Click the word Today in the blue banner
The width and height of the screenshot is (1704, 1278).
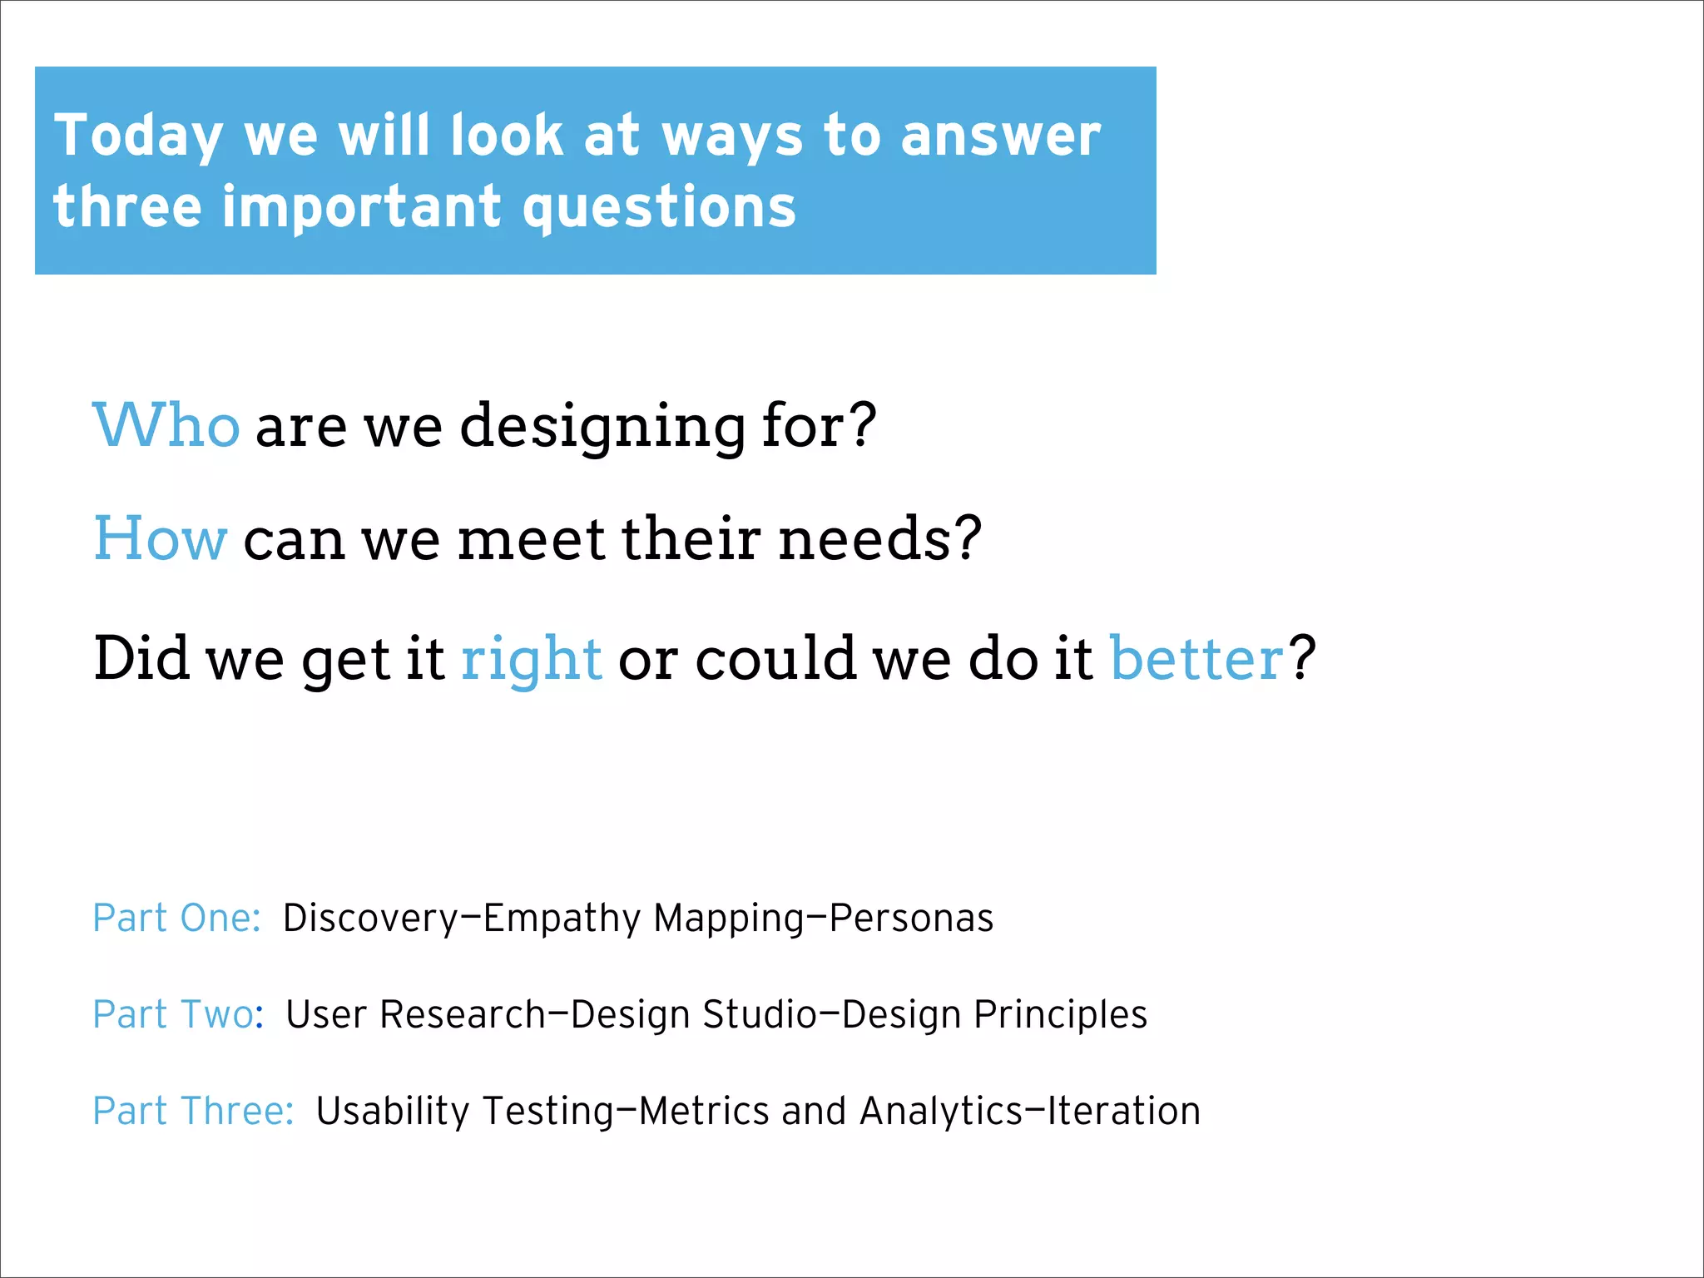[x=138, y=136]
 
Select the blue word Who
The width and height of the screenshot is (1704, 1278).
[x=166, y=425]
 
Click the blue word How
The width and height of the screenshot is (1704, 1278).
[x=160, y=538]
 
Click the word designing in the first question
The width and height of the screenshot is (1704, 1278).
[x=602, y=427]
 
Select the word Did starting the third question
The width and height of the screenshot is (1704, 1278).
[x=141, y=657]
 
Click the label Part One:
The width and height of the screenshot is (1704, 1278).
[x=177, y=918]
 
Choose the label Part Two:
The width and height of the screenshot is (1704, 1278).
[x=178, y=1014]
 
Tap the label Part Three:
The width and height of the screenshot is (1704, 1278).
[x=193, y=1111]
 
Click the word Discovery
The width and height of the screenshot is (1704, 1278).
[x=370, y=919]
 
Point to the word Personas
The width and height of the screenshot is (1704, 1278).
[x=911, y=918]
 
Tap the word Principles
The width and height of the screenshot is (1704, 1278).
[x=1060, y=1014]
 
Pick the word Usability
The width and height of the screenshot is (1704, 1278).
[x=393, y=1111]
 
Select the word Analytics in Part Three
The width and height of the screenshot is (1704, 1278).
[x=940, y=1111]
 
